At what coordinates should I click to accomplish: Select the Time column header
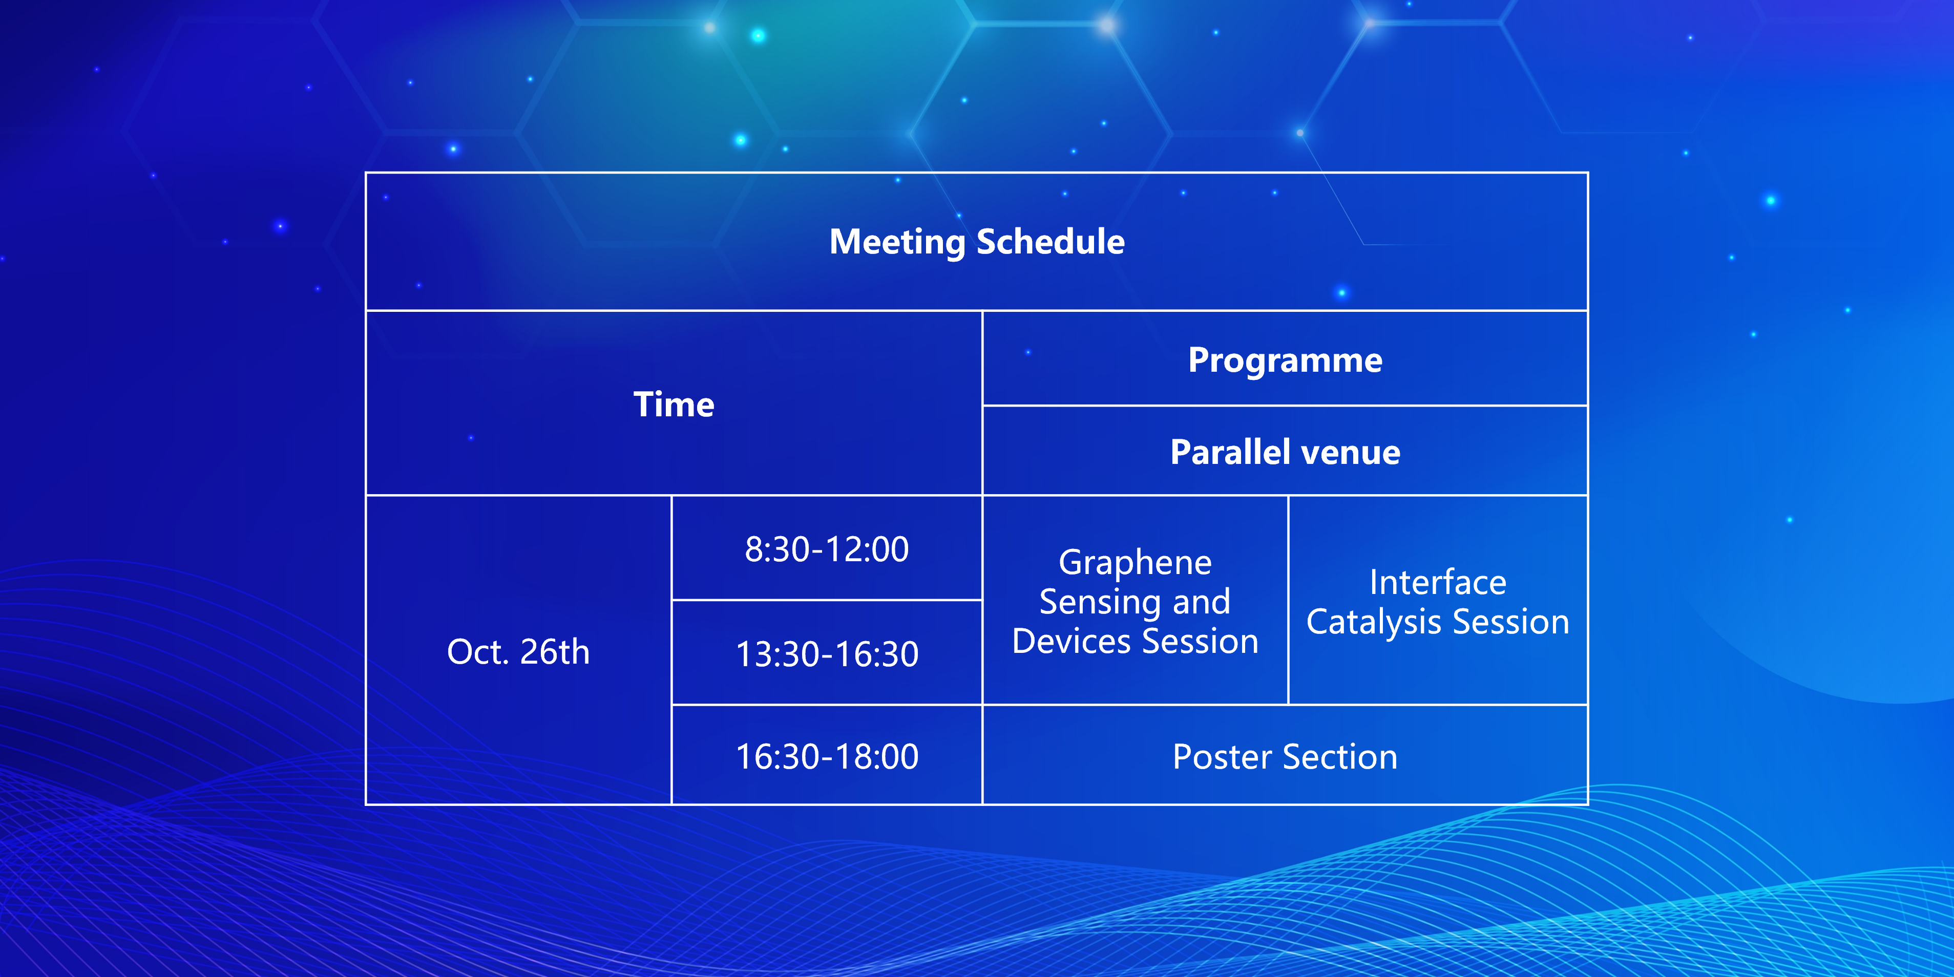[674, 405]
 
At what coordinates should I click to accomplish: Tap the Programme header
[1285, 360]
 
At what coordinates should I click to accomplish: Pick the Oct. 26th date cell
[518, 651]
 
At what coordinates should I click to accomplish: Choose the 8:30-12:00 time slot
[827, 549]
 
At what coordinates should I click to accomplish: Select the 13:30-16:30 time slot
[827, 654]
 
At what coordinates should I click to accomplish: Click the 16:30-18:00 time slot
[827, 756]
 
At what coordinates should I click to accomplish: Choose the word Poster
[1222, 757]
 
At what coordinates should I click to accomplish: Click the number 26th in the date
[555, 651]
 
